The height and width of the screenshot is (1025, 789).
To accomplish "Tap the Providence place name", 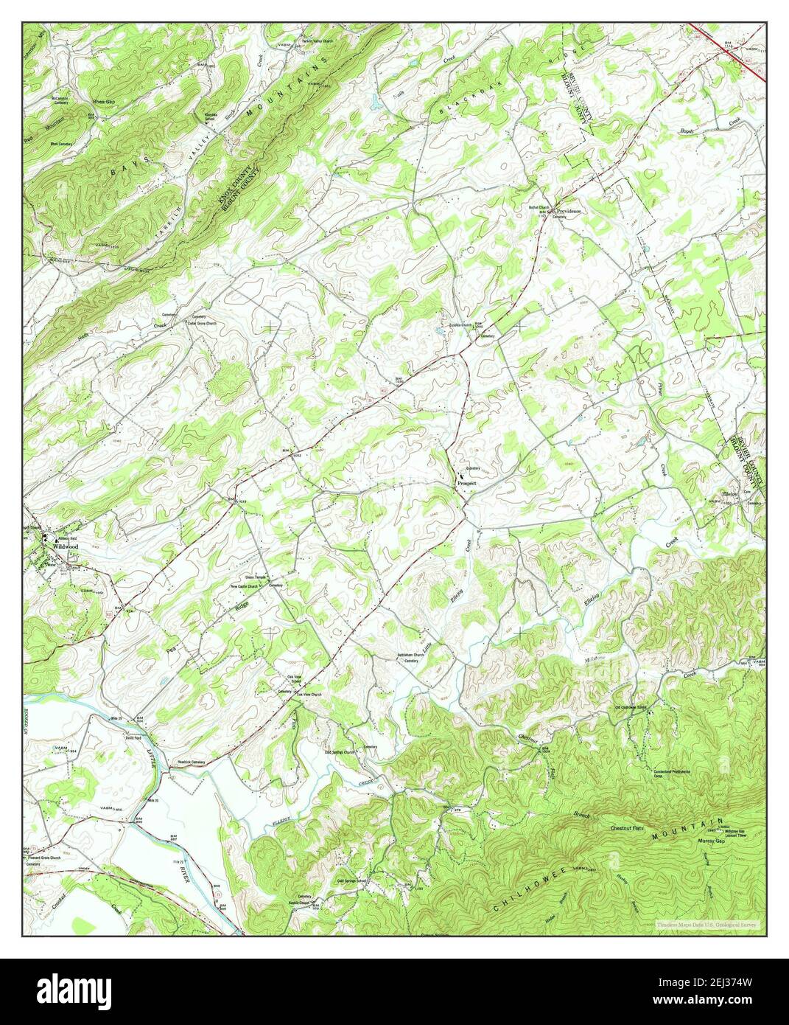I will pos(569,211).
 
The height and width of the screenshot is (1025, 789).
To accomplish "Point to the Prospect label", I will pos(467,483).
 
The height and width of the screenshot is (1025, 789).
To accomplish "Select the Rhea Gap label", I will pos(93,101).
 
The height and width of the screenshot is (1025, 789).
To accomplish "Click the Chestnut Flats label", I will pos(627,829).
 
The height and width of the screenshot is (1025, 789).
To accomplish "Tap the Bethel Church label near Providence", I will pos(538,207).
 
